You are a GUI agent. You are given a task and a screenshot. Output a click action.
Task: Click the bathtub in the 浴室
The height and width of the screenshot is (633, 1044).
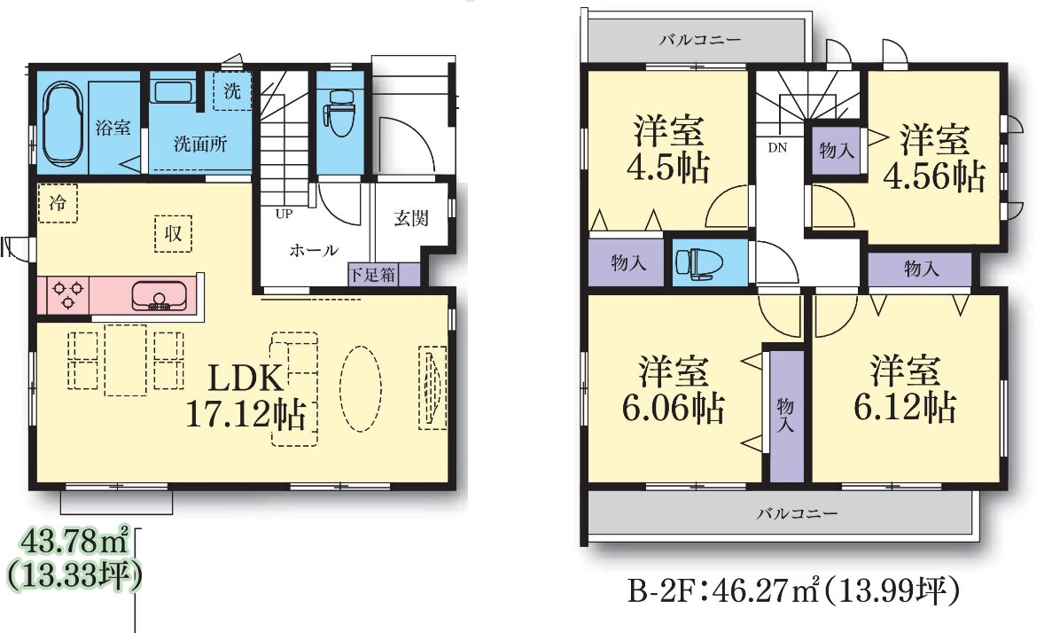coord(63,125)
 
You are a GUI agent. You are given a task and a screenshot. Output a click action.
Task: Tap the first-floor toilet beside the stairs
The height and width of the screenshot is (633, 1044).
coord(340,112)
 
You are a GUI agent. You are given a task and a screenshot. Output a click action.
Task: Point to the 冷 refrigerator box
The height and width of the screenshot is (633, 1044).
coord(58,202)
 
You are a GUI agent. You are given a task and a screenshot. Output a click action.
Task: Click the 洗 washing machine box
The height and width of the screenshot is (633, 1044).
coord(231,90)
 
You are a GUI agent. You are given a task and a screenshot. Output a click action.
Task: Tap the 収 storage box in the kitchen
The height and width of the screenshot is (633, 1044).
coord(173,233)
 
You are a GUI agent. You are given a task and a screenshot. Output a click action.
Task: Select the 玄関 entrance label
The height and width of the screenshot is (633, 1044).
coord(411,218)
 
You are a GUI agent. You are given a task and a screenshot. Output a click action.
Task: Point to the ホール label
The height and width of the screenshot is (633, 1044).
coord(314,251)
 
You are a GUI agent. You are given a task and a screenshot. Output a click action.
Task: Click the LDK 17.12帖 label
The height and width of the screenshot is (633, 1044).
coord(245,396)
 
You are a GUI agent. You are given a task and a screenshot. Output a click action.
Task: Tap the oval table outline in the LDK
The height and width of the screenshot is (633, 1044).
coord(361,388)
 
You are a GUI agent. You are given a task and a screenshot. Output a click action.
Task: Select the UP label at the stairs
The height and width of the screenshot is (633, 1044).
coord(284,214)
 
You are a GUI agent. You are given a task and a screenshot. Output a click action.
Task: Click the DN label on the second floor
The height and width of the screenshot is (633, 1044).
coord(777,147)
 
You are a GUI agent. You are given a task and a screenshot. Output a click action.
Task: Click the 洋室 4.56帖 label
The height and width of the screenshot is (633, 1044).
coord(934,158)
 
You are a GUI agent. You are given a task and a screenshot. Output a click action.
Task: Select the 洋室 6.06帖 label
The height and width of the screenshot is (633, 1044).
coord(674,390)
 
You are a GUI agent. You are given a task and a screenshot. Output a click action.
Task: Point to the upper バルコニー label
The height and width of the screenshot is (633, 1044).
coord(700,40)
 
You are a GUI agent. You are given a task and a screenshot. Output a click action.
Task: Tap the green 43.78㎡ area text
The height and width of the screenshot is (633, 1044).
coord(74,543)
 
